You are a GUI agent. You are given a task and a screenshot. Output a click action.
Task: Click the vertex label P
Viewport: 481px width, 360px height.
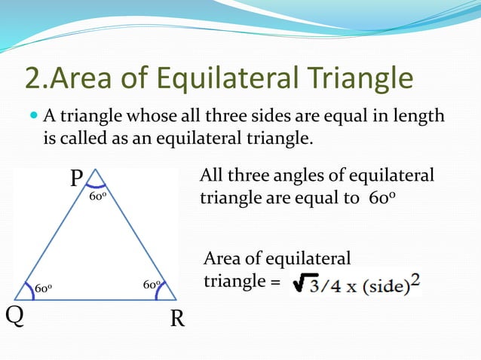(x=77, y=179)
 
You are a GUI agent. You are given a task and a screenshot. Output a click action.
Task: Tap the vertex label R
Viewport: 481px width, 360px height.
(x=177, y=319)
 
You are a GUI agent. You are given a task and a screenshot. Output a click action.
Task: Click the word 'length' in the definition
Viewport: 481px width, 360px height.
(x=419, y=117)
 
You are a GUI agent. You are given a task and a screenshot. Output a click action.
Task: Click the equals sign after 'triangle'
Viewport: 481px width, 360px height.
(x=275, y=283)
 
